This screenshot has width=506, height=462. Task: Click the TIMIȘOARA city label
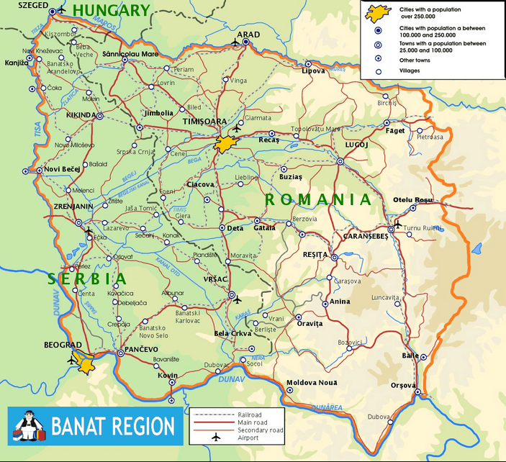(x=205, y=122)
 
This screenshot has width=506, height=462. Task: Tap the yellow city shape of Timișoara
(x=225, y=142)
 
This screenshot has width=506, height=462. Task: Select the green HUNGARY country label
(x=112, y=11)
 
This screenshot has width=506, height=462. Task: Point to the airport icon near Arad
(x=235, y=43)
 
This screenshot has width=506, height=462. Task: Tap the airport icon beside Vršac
(x=238, y=301)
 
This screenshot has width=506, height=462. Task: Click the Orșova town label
(x=403, y=385)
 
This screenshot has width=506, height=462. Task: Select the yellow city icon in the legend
(x=374, y=12)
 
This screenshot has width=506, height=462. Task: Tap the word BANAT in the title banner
(x=78, y=426)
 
